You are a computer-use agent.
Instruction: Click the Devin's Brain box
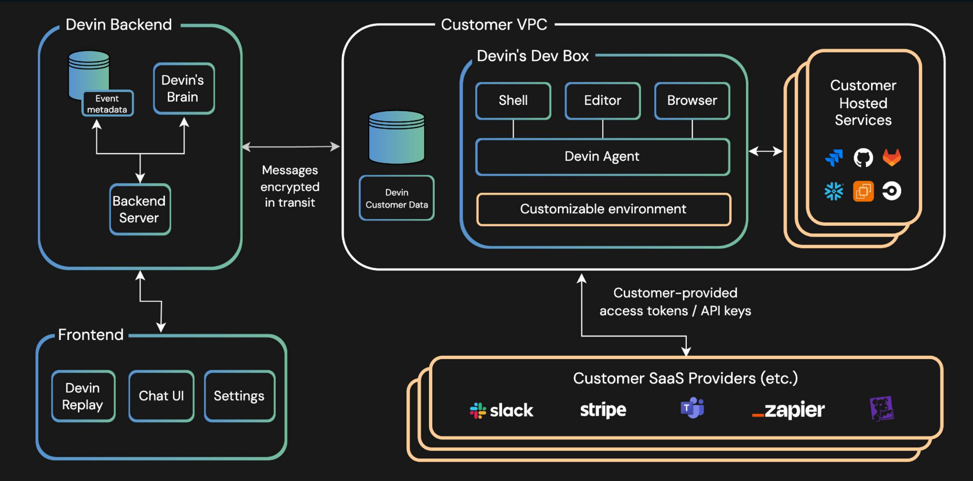(184, 89)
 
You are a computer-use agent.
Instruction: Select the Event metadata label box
(107, 104)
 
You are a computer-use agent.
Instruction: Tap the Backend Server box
(140, 209)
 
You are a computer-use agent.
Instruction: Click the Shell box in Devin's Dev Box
(513, 101)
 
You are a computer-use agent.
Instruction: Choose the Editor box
(602, 101)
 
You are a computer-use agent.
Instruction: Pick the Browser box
(692, 101)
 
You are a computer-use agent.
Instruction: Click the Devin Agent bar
(602, 157)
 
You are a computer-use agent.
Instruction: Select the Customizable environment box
(603, 209)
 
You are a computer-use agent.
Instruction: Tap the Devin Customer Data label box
(396, 198)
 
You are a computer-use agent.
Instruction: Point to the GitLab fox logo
(892, 157)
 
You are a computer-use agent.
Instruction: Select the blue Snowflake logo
(834, 192)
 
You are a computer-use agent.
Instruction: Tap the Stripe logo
(603, 410)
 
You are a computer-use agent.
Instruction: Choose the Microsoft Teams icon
(692, 408)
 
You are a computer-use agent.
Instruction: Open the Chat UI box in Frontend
(161, 396)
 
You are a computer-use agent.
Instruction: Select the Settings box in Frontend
(239, 396)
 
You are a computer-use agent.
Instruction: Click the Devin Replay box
(83, 396)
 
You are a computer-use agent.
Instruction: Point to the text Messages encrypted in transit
(290, 186)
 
